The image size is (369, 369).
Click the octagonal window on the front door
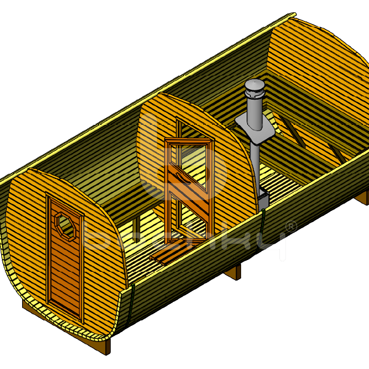point(64,223)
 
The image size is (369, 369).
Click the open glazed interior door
point(189,184)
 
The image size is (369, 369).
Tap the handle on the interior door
point(174,178)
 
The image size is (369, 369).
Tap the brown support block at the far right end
point(363,197)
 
